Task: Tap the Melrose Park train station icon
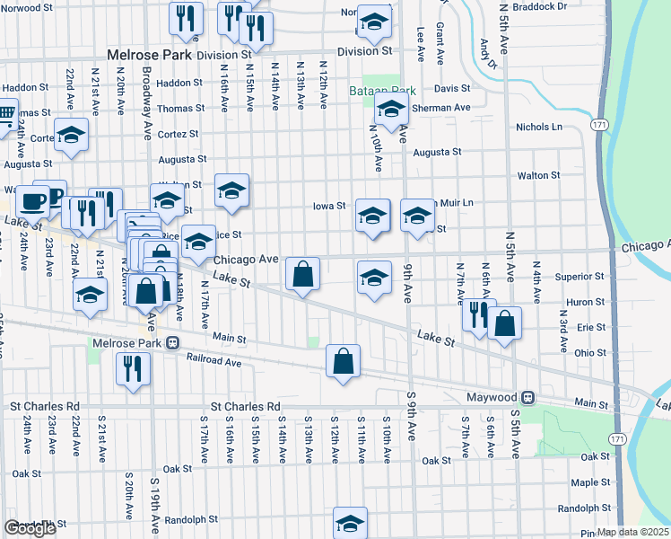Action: click(170, 344)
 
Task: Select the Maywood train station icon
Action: click(529, 396)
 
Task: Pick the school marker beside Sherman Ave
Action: click(392, 110)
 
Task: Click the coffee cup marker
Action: click(34, 201)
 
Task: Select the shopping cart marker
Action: click(6, 114)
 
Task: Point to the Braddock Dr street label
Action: click(541, 5)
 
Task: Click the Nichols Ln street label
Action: click(538, 128)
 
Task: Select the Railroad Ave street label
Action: click(214, 362)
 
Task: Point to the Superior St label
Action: click(582, 277)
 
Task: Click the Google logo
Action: click(30, 528)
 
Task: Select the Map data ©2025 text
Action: click(634, 532)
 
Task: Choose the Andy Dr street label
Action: click(486, 53)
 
